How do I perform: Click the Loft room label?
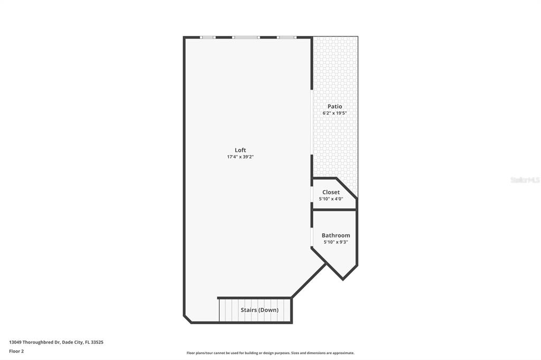(240, 150)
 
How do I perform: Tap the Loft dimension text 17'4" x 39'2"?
(240, 157)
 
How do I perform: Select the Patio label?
(334, 106)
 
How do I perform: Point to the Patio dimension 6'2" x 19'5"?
(334, 113)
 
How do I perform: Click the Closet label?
(331, 192)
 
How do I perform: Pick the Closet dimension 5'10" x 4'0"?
(331, 199)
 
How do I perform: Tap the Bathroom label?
(335, 235)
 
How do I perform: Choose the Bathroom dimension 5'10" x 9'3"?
(335, 242)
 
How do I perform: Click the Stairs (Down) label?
(259, 310)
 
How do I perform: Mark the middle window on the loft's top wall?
(246, 37)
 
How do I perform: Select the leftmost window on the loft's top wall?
(208, 37)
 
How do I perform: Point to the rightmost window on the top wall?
(286, 37)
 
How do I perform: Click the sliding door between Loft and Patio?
(311, 122)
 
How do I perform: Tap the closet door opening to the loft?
(311, 194)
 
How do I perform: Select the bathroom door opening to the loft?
(311, 237)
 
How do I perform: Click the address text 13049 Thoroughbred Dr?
(56, 342)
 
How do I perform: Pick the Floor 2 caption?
(16, 351)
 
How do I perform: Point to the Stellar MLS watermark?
(525, 180)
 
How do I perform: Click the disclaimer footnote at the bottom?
(270, 353)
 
